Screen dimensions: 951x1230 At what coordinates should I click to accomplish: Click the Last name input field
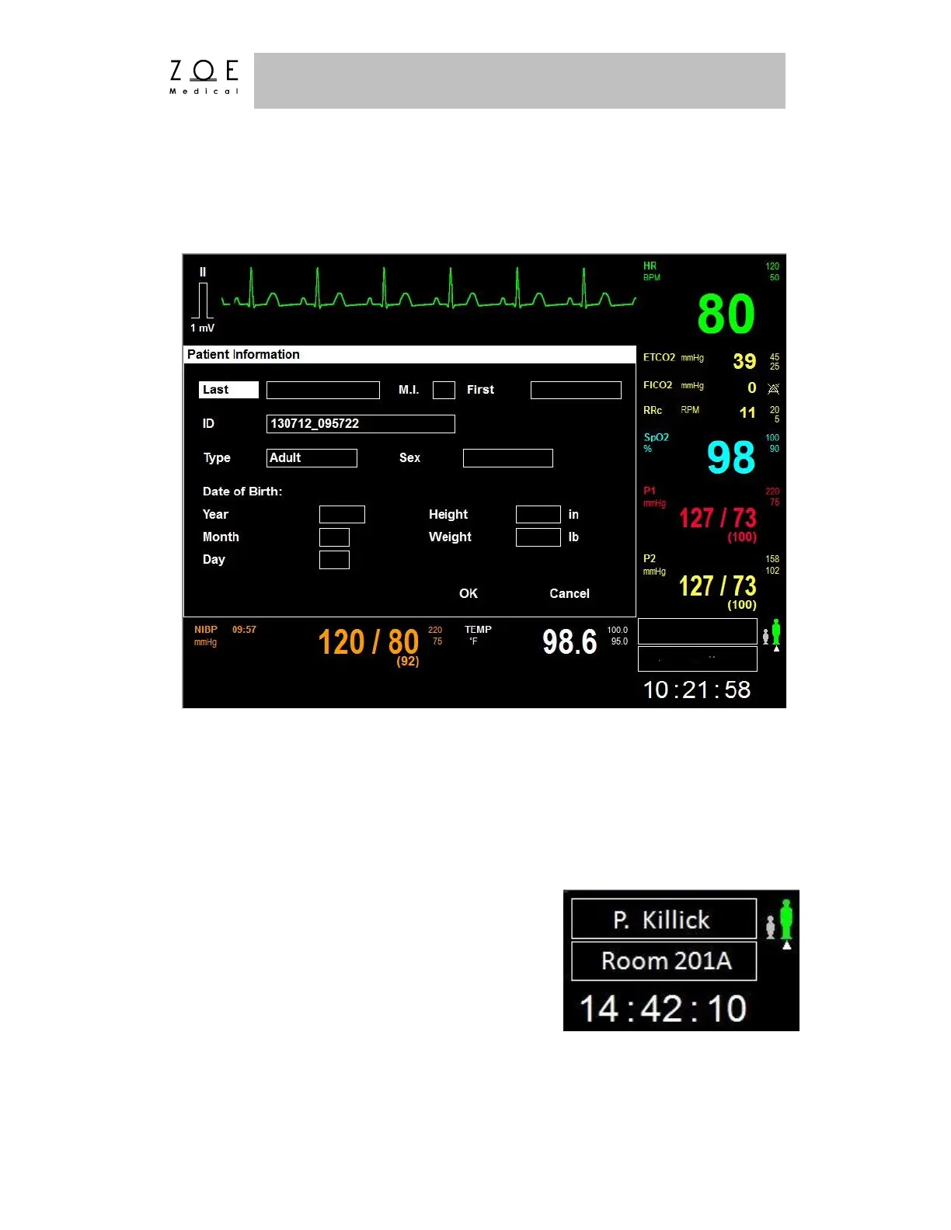coord(322,390)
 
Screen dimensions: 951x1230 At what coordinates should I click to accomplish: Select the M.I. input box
coord(444,390)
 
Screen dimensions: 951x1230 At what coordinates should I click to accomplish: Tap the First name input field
coord(576,390)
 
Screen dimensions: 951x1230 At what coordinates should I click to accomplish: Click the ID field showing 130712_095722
coord(361,424)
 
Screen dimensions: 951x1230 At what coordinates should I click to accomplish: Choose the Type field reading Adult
coord(312,458)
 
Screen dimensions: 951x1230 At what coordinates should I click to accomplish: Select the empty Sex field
coord(507,458)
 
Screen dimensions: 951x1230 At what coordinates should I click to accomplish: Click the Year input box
coord(342,514)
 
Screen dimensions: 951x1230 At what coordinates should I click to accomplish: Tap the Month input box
coord(334,537)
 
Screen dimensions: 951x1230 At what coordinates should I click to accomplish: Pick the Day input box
coord(334,560)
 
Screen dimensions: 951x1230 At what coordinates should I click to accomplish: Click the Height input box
coord(538,514)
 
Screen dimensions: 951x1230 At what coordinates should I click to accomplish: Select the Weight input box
coord(538,537)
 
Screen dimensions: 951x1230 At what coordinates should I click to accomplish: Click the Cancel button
coord(570,594)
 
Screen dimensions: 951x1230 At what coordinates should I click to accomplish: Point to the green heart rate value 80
coord(726,314)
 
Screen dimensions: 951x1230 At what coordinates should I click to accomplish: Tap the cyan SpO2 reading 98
coord(731,457)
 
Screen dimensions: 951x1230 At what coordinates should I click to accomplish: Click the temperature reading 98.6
coord(570,642)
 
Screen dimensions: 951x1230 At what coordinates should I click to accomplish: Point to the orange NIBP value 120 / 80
coord(368,643)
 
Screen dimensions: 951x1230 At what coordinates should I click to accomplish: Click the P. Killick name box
coord(664,919)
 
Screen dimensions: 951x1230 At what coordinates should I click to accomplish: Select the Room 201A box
coord(664,961)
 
